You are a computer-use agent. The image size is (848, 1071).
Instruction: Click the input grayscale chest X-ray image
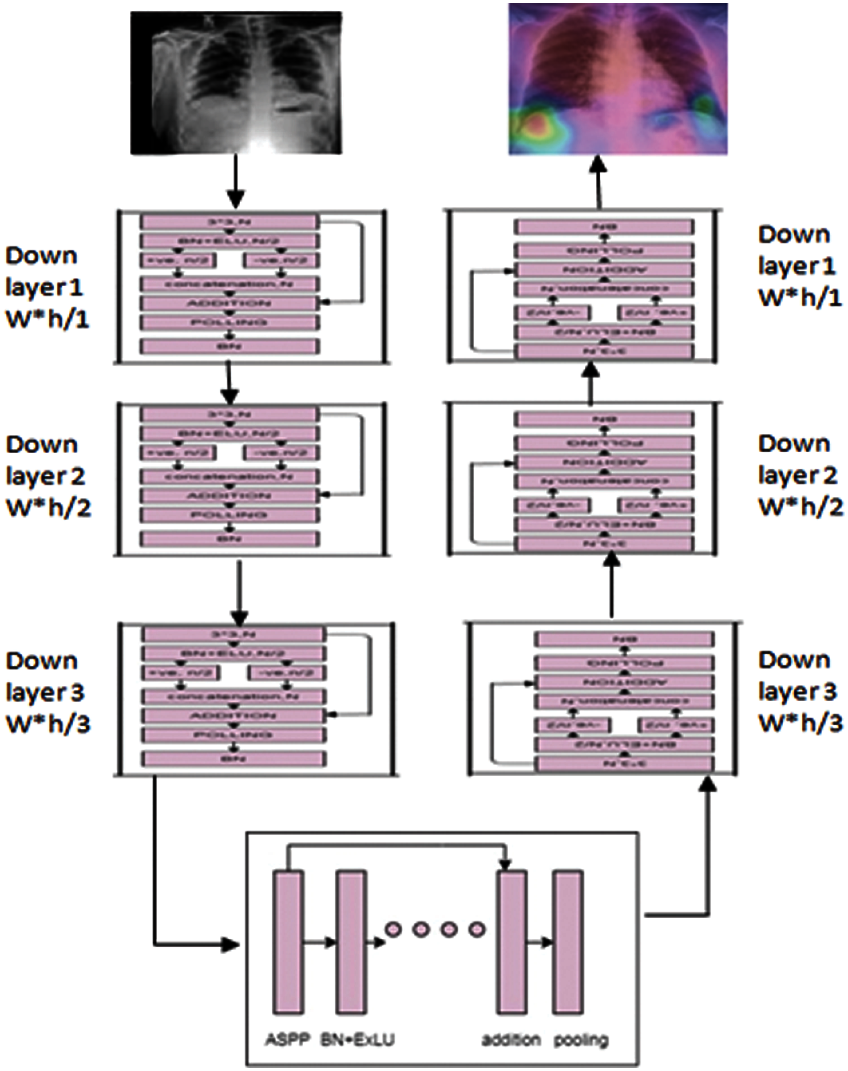click(x=236, y=83)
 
